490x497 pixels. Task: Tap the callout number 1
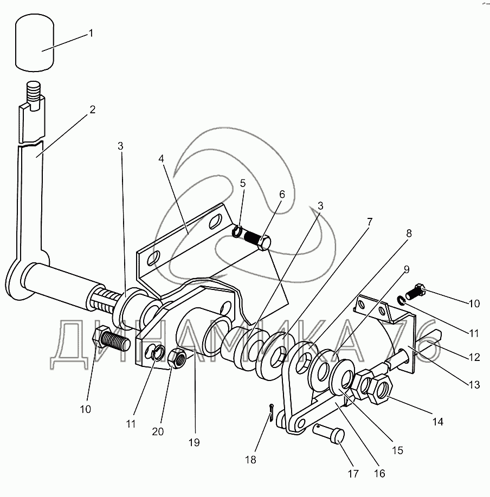tap(91, 33)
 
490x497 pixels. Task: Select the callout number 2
tap(93, 109)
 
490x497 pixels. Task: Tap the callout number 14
tap(438, 421)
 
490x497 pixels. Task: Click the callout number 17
tap(353, 474)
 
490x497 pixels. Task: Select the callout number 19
tap(194, 442)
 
